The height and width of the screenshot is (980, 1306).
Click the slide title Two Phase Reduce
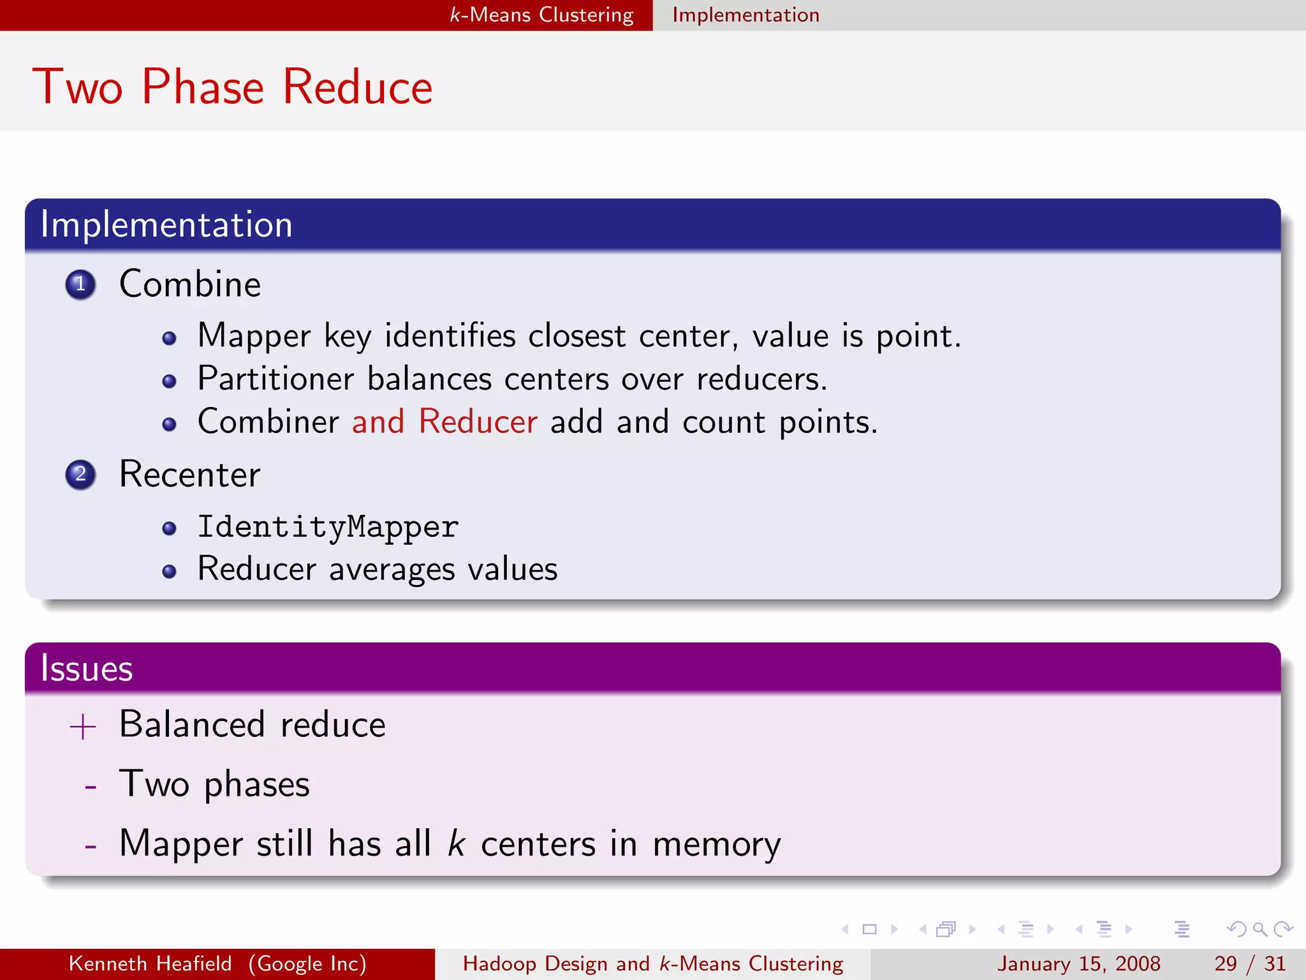pos(232,87)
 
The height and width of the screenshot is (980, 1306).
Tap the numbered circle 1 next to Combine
pos(80,285)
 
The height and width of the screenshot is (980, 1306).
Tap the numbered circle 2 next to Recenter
pos(80,475)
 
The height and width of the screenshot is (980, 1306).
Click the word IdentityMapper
pos(328,527)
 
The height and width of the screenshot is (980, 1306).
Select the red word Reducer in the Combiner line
pos(478,422)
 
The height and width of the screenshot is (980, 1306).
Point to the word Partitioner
pos(275,379)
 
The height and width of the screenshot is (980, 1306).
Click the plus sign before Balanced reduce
pos(83,727)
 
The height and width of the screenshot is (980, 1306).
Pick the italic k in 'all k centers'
pos(455,843)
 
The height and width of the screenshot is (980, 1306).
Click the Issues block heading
pos(87,669)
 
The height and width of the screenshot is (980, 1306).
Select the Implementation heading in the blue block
pos(166,225)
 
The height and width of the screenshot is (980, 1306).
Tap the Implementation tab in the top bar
pos(745,15)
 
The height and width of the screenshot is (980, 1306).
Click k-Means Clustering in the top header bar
pos(541,15)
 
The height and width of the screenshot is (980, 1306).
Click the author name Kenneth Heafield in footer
pos(150,963)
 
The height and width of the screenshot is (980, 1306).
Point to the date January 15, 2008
pos(1078,963)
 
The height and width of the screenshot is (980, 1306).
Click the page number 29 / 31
pos(1249,963)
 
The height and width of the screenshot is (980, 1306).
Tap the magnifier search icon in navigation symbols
pos(1259,929)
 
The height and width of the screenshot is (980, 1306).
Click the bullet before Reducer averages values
pos(169,571)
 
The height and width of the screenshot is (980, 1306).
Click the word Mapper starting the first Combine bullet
pos(254,336)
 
